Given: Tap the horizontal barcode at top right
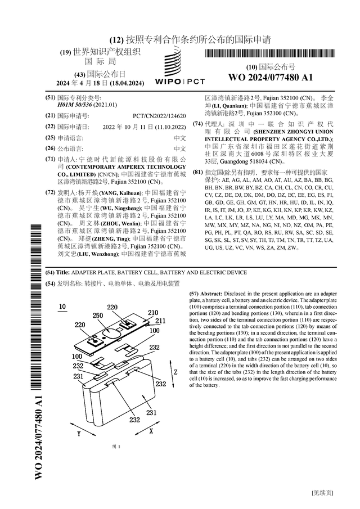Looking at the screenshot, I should pyautogui.click(x=271, y=54).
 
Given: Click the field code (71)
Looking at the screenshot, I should pyautogui.click(x=50, y=160).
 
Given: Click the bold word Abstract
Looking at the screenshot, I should pyautogui.click(x=211, y=294).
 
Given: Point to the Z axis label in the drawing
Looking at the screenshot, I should pyautogui.click(x=175, y=372).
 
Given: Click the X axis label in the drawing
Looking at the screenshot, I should pyautogui.click(x=151, y=430).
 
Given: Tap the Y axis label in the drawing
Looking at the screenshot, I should pyautogui.click(x=79, y=434).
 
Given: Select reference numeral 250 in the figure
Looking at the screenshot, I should pyautogui.click(x=98, y=316).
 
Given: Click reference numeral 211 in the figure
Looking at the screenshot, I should pyautogui.click(x=160, y=321).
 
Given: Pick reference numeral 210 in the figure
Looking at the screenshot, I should pyautogui.click(x=153, y=313).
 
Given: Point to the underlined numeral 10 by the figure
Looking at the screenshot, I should pyautogui.click(x=62, y=307).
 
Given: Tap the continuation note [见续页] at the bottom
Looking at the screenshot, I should pyautogui.click(x=323, y=493).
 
